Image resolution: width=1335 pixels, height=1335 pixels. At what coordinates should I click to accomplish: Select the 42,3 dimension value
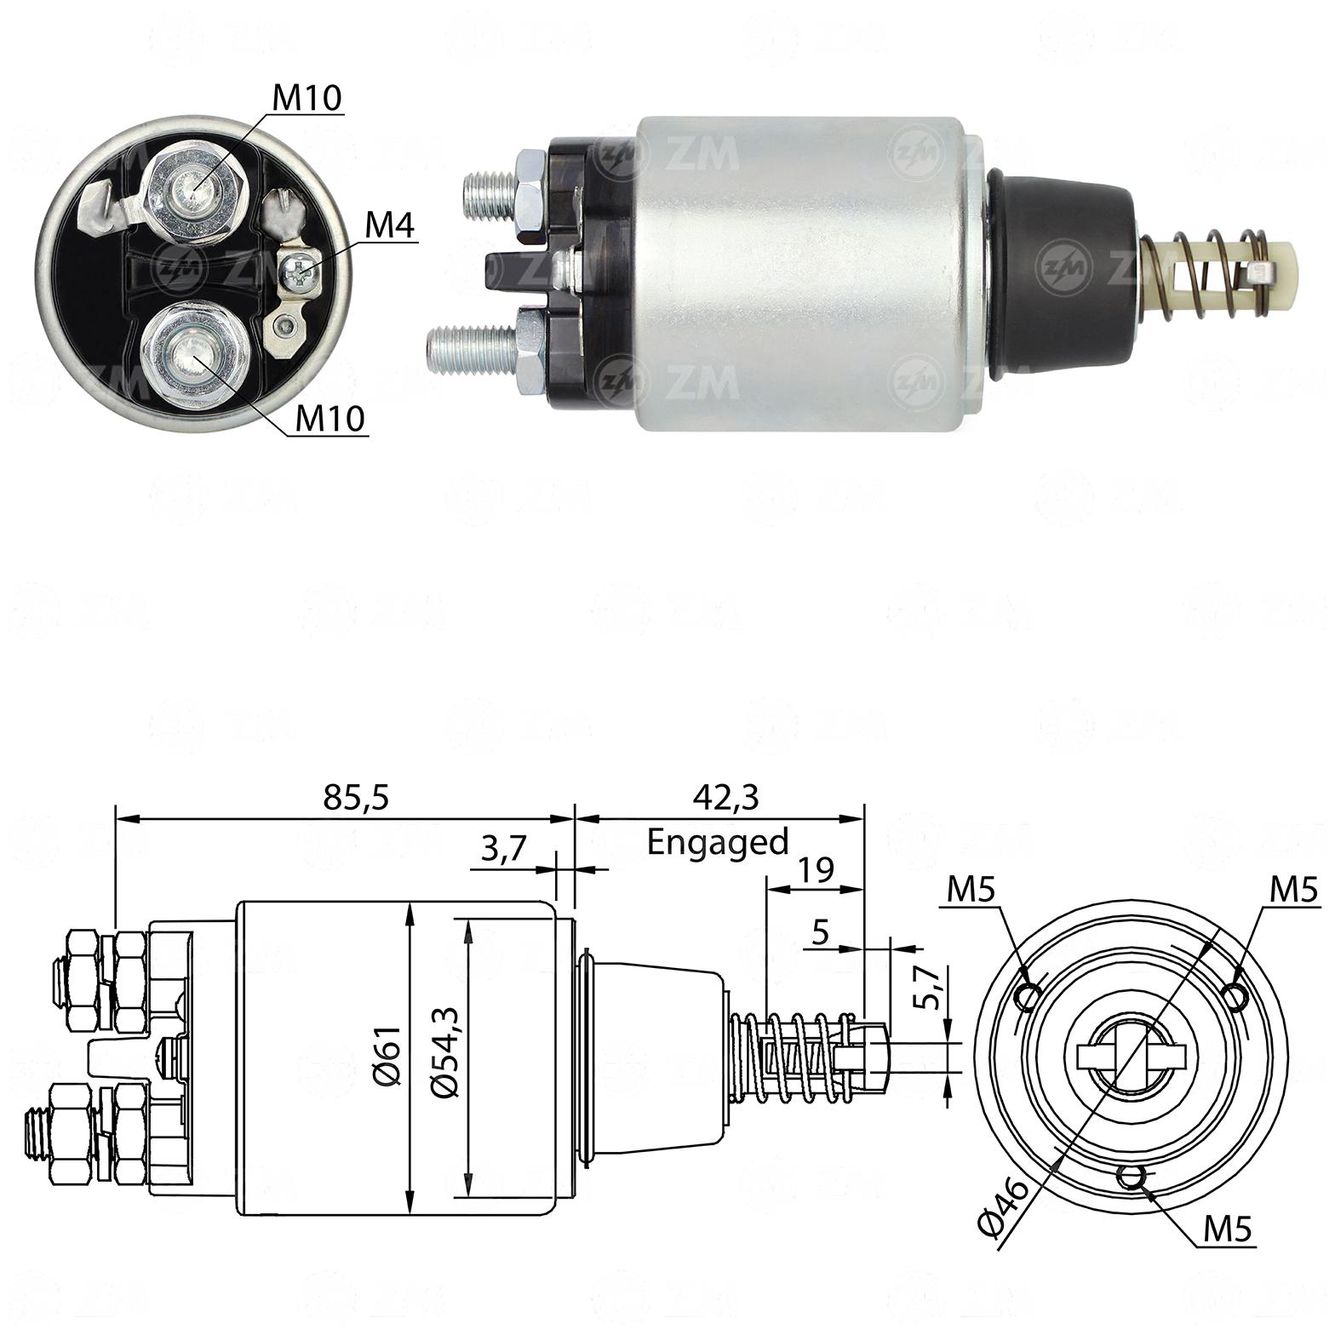coord(725,797)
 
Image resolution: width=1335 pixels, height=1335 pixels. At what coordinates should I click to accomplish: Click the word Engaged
coord(718,842)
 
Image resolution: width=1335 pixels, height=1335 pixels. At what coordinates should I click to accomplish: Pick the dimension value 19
coord(815,870)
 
